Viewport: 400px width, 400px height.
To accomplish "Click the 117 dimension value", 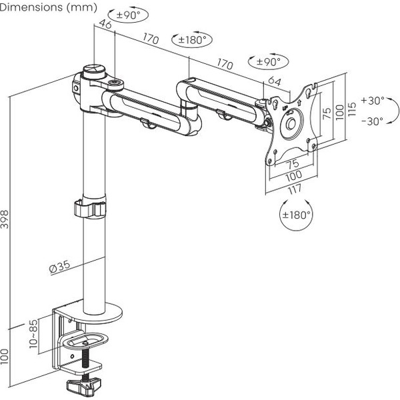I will [294, 189].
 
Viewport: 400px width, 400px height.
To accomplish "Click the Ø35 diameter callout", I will [59, 267].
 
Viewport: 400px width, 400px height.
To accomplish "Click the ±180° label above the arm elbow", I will [191, 40].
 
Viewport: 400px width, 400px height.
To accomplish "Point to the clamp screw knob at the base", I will [85, 385].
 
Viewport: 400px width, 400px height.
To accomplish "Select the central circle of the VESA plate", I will [291, 125].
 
